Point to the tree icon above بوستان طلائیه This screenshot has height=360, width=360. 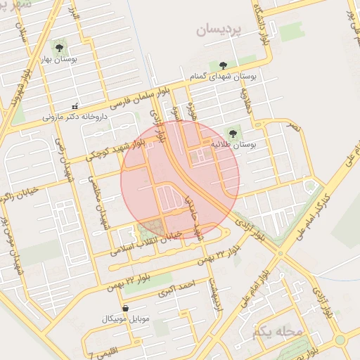[233, 131]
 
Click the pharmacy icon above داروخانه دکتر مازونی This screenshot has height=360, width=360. [75, 106]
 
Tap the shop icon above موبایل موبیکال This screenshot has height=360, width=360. [125, 308]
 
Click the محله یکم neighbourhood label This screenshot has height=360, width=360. [279, 330]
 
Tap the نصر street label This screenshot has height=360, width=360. [294, 129]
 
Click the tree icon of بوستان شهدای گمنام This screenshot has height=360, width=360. [224, 65]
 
